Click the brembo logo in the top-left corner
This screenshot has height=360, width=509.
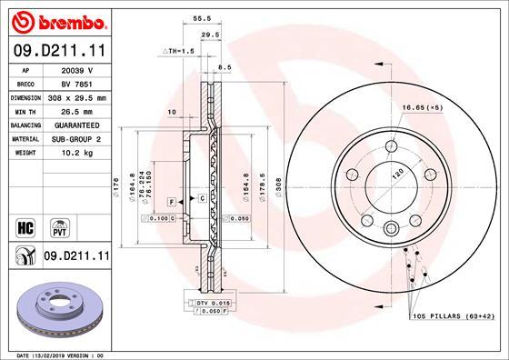click(x=55, y=20)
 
